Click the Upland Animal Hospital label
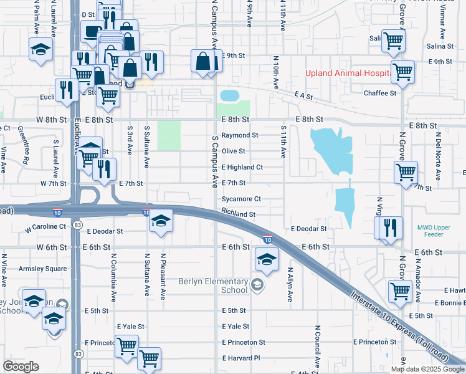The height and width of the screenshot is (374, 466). click(x=348, y=73)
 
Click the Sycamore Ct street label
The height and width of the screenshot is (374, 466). click(x=241, y=199)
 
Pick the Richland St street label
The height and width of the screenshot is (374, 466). click(x=238, y=214)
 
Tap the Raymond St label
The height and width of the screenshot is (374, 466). click(x=240, y=135)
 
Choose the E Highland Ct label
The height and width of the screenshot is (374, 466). click(x=242, y=167)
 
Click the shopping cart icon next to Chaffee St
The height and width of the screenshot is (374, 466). click(x=403, y=72)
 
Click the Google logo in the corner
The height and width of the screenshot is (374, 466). click(x=21, y=367)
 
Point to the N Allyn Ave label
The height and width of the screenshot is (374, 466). click(x=290, y=284)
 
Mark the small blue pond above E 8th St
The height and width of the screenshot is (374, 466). click(x=229, y=95)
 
